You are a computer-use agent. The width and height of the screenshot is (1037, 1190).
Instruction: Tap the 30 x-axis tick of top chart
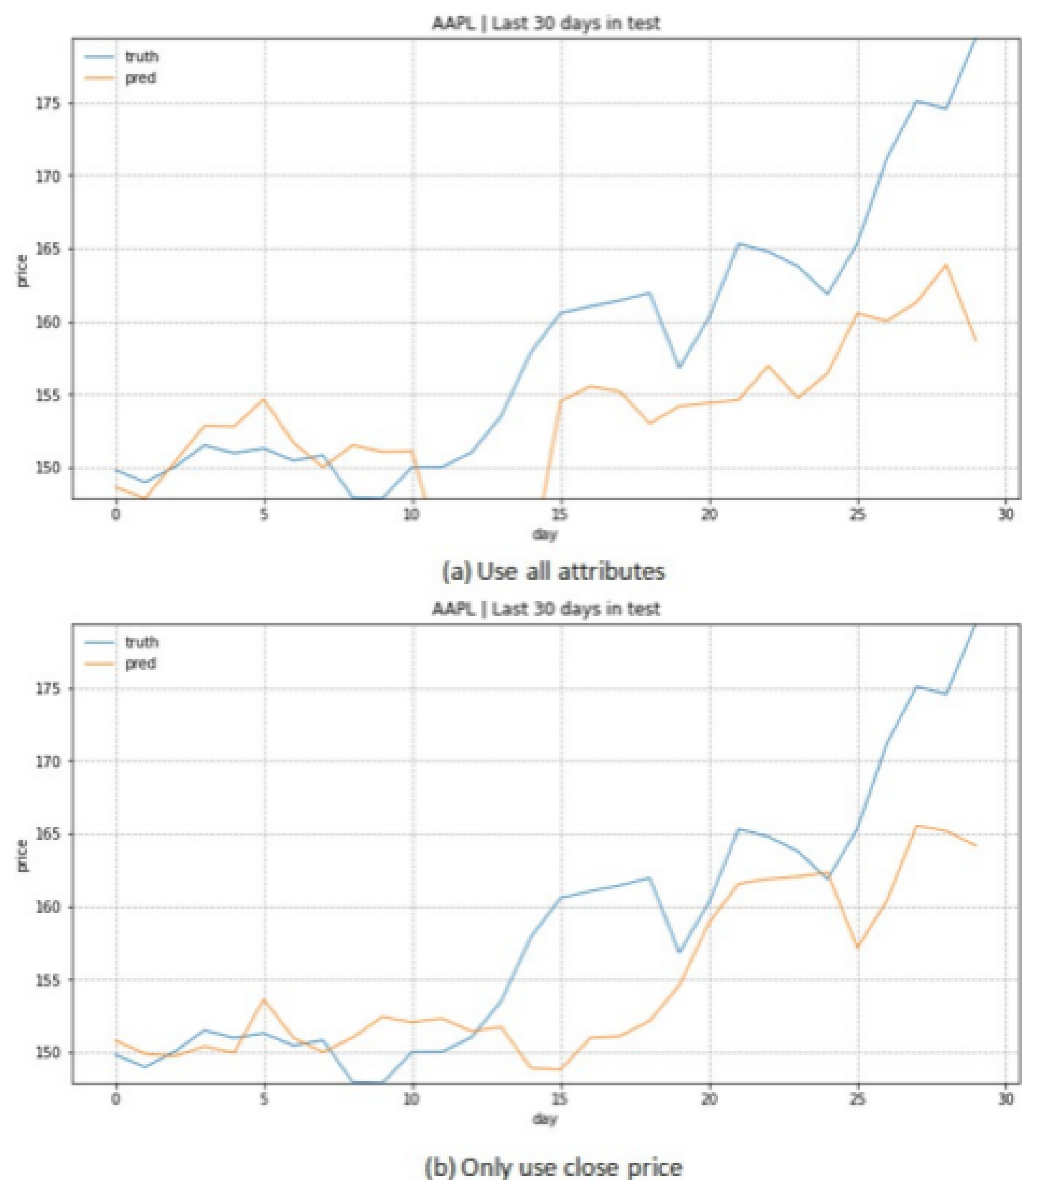1006,514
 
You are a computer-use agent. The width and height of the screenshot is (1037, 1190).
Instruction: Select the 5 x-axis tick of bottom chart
264,1099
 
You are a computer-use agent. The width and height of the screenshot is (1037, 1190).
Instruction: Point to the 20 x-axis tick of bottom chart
709,1099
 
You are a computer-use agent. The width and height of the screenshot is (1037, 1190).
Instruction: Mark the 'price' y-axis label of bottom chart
22,856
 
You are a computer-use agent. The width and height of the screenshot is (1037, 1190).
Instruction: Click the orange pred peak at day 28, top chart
945,265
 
